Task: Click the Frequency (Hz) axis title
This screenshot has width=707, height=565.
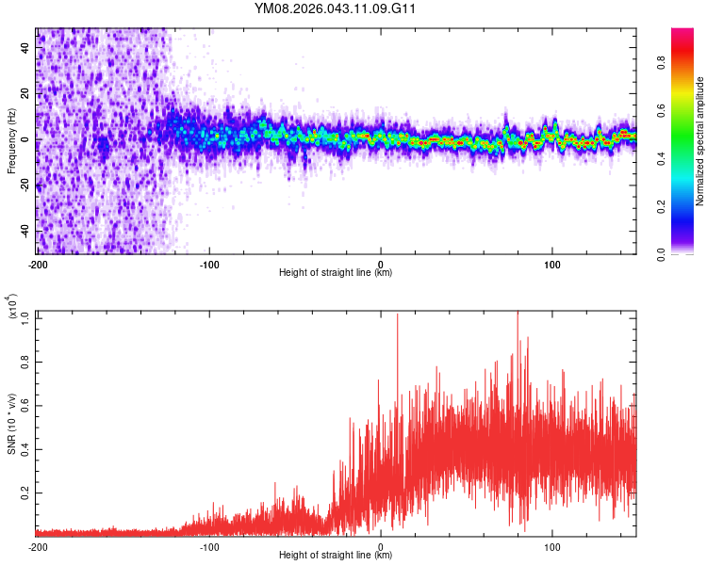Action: point(11,140)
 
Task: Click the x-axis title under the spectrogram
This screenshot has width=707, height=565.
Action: point(336,273)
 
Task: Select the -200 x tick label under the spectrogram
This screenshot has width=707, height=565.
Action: point(38,265)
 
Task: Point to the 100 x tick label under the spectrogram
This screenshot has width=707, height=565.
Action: point(552,265)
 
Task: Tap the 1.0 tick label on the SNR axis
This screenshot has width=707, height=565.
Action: point(25,318)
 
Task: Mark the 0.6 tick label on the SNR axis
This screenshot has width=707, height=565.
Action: point(25,405)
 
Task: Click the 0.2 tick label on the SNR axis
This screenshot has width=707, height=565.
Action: point(25,492)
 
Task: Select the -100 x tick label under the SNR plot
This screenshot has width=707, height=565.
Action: point(209,547)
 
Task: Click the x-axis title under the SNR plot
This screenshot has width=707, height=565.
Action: point(336,556)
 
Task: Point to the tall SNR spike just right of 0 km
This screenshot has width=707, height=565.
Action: point(397,316)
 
